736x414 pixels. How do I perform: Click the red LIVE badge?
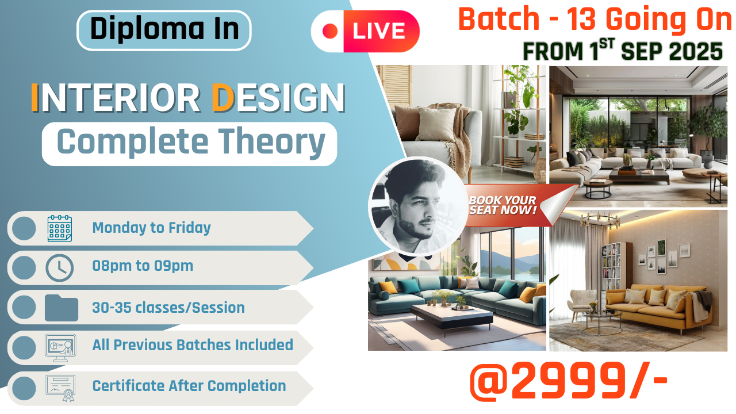[x=365, y=31]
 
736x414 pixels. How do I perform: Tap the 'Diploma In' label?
[x=164, y=30]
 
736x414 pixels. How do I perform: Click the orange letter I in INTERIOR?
[x=34, y=98]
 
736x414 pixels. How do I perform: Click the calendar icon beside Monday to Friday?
[x=59, y=228]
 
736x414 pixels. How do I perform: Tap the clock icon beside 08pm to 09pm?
[x=59, y=267]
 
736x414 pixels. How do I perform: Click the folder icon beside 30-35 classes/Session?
[x=61, y=308]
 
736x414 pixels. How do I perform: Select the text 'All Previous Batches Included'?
[x=193, y=345]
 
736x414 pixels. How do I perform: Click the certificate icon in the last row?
[x=60, y=386]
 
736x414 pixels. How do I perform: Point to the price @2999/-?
[x=568, y=381]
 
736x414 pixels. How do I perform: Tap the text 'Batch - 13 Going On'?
[x=595, y=21]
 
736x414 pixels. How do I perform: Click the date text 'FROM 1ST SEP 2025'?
[x=622, y=52]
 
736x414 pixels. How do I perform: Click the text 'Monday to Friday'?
[x=151, y=228]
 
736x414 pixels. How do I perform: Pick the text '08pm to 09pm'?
[x=143, y=266]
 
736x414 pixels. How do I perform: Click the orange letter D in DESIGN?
[x=221, y=98]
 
